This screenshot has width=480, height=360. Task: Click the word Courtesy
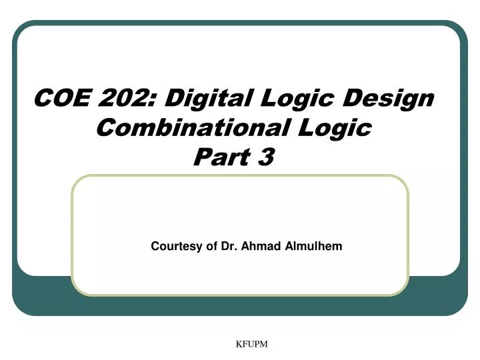click(x=176, y=247)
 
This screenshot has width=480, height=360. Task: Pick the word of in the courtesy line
click(x=211, y=246)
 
